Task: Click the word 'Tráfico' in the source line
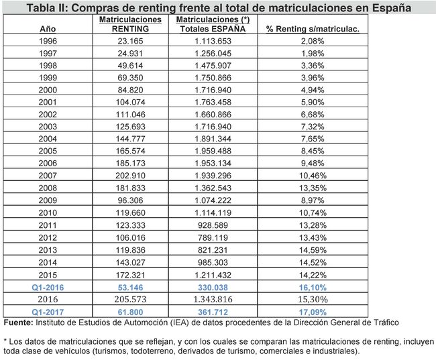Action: point(384,323)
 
